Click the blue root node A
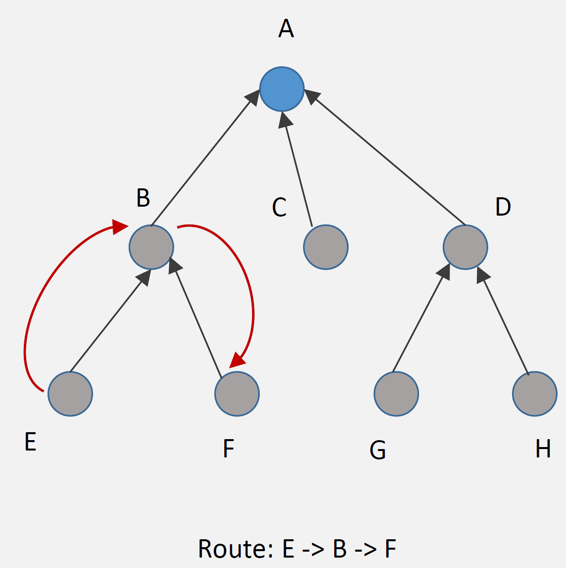[x=282, y=89]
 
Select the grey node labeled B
[x=151, y=247]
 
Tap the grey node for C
[x=326, y=247]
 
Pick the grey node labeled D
[x=465, y=247]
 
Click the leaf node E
[x=70, y=394]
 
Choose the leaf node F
[x=237, y=394]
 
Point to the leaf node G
[x=396, y=394]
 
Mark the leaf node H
[x=534, y=394]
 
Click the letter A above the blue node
[x=286, y=29]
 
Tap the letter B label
[x=143, y=198]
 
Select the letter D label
[x=503, y=207]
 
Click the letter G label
[x=378, y=450]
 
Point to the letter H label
[x=543, y=449]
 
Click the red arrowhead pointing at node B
[x=120, y=227]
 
